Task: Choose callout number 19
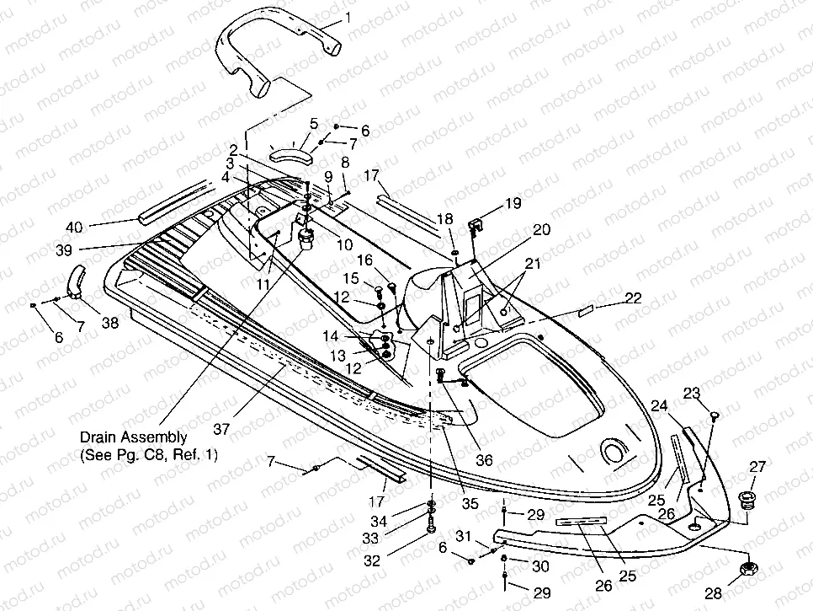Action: [513, 203]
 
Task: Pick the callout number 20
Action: [541, 229]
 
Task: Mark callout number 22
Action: [632, 297]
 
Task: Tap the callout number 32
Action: [372, 560]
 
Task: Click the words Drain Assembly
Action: [134, 437]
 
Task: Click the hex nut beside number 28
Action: [747, 570]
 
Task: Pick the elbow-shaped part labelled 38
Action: [77, 281]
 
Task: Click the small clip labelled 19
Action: [474, 226]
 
